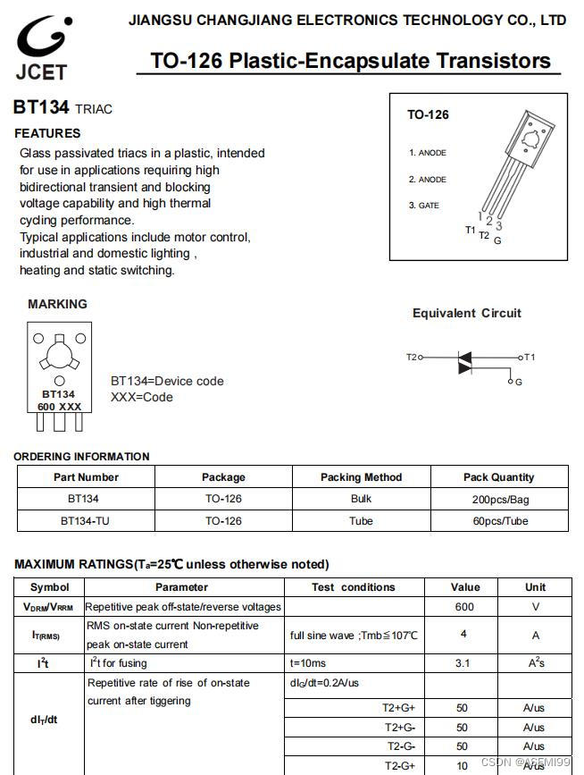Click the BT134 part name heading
[x=41, y=108]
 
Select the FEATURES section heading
[x=47, y=133]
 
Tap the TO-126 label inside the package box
[x=428, y=114]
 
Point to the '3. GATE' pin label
[x=424, y=206]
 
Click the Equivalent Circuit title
[x=466, y=313]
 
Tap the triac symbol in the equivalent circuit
[x=463, y=361]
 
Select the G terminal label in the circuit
[x=519, y=382]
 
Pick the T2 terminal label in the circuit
[x=412, y=358]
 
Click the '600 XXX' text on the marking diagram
[x=59, y=407]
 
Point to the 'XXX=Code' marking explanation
[x=142, y=397]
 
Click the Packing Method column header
[x=361, y=477]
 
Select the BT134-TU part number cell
[x=86, y=520]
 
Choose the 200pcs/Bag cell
[x=499, y=499]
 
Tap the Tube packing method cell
[x=361, y=520]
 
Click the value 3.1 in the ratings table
[x=463, y=663]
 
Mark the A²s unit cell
[x=535, y=663]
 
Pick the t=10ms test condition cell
[x=308, y=663]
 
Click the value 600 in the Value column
[x=464, y=606]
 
